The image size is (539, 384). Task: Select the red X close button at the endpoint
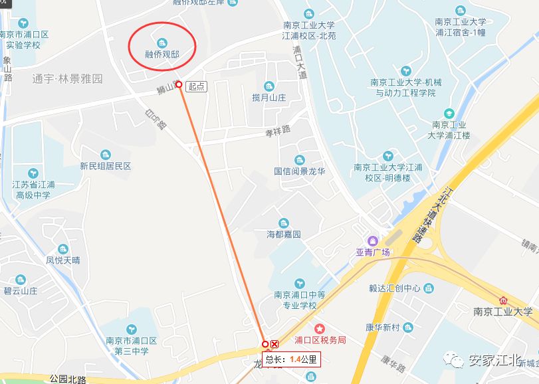tap(274, 344)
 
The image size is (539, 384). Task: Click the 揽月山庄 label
tap(269, 98)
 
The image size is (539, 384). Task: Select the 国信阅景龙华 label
tap(299, 171)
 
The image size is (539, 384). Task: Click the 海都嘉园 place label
tap(284, 235)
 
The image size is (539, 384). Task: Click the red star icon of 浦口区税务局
tap(320, 329)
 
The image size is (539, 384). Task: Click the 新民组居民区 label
tap(106, 166)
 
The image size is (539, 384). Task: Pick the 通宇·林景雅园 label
tap(67, 78)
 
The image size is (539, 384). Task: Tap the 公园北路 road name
tap(68, 379)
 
